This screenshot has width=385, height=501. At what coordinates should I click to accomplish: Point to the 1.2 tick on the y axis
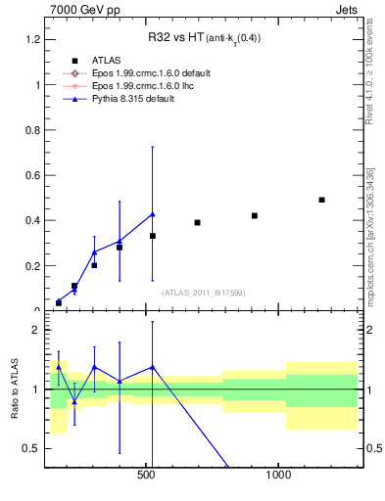(x=31, y=39)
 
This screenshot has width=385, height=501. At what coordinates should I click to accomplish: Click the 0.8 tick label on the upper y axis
(x=31, y=130)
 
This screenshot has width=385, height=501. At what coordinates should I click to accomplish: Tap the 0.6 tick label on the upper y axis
(x=31, y=175)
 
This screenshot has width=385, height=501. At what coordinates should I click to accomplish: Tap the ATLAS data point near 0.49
(x=321, y=200)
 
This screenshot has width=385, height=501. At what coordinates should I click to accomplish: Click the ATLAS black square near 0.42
(x=255, y=215)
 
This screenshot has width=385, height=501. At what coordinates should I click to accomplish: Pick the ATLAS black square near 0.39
(x=197, y=222)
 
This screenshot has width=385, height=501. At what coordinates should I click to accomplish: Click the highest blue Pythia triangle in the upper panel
(x=152, y=214)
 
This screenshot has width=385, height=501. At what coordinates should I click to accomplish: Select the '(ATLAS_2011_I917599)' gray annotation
(x=203, y=293)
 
